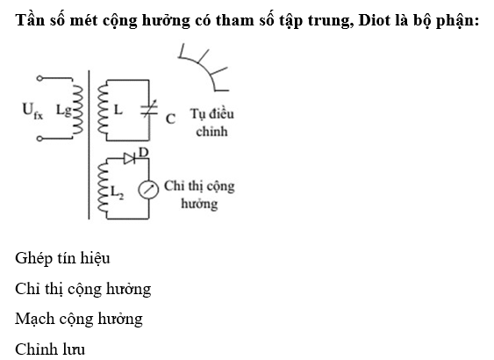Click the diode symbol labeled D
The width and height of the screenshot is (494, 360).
pyautogui.click(x=129, y=159)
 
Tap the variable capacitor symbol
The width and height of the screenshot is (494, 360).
pyautogui.click(x=149, y=109)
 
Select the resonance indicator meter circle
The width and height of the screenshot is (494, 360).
pyautogui.click(x=148, y=190)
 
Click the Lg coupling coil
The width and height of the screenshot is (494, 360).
pyautogui.click(x=78, y=108)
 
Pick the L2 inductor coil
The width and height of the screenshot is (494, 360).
pyautogui.click(x=103, y=188)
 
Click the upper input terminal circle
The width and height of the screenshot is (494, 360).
pyautogui.click(x=39, y=78)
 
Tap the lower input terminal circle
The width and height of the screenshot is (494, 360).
pyautogui.click(x=39, y=139)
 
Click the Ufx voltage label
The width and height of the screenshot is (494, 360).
pyautogui.click(x=32, y=111)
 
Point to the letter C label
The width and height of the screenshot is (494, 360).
pyautogui.click(x=170, y=119)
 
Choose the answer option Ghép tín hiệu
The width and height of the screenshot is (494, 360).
pyautogui.click(x=62, y=258)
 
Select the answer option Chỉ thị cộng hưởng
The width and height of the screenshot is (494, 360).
pyautogui.click(x=82, y=289)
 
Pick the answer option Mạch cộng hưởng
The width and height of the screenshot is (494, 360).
pyautogui.click(x=79, y=319)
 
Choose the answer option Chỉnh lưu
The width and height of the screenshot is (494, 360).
pyautogui.click(x=50, y=349)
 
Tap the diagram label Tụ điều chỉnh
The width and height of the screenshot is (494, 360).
pyautogui.click(x=211, y=123)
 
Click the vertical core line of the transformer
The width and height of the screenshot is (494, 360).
pyautogui.click(x=89, y=145)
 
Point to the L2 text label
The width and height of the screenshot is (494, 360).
pyautogui.click(x=117, y=192)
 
